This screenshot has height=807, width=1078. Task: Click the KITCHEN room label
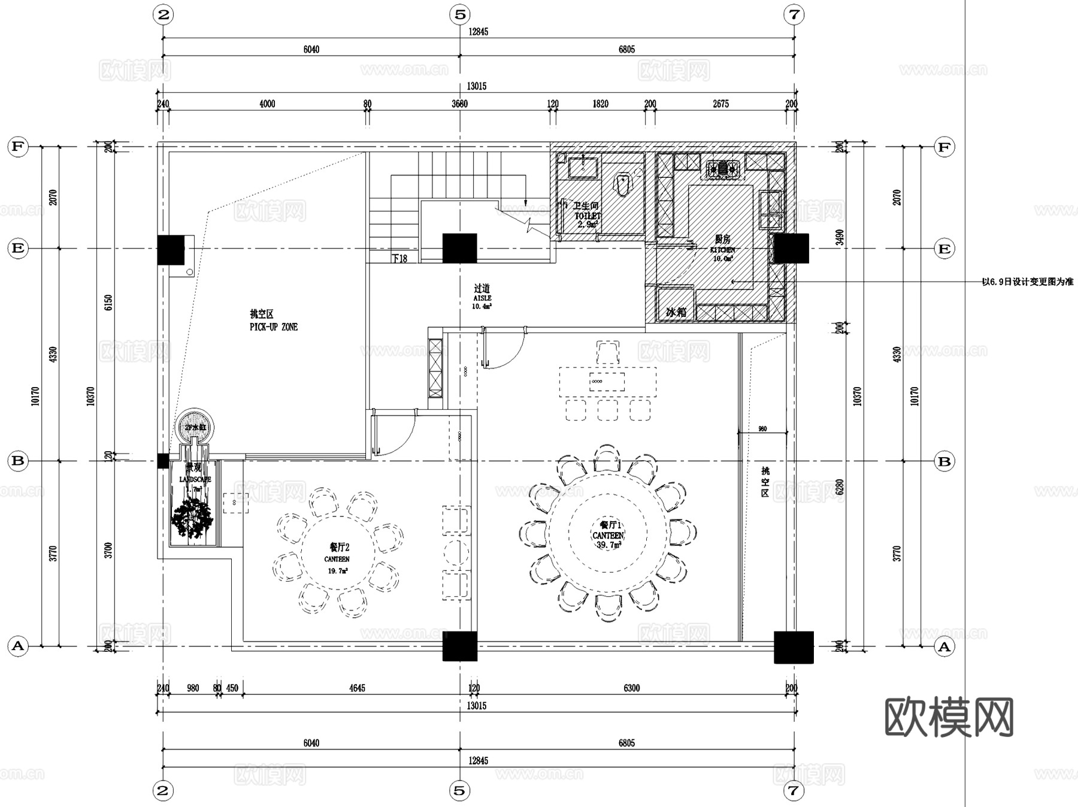coord(722,249)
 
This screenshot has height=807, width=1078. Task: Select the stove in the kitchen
coord(723,170)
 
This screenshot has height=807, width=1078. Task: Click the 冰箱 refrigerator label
coord(676,312)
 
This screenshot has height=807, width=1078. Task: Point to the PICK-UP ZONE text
coord(273,327)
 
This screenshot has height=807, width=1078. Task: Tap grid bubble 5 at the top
coord(459,14)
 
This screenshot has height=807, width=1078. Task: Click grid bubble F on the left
coord(18,147)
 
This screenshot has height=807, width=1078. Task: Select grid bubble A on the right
coord(944,646)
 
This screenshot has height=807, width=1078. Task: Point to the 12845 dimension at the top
coord(478,32)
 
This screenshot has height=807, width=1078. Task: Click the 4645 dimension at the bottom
coord(357,688)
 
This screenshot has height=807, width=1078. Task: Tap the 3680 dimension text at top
coord(459,104)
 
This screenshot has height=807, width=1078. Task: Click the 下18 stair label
coord(399,258)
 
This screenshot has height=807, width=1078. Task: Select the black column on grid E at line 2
coord(171,250)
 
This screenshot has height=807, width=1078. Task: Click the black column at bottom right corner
coord(794,647)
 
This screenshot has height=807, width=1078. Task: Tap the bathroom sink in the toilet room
coord(582,167)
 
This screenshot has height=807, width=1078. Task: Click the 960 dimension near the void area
coord(762,429)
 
